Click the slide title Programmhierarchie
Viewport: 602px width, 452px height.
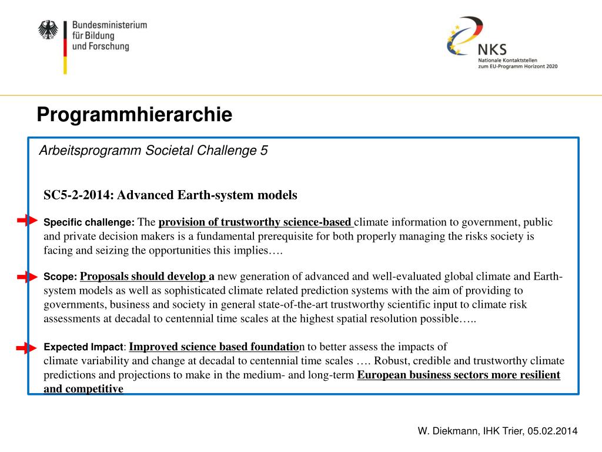click(x=134, y=114)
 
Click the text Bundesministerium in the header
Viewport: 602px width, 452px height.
click(x=109, y=25)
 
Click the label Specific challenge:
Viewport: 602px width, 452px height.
click(x=89, y=223)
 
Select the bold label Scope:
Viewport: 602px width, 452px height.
click(x=61, y=277)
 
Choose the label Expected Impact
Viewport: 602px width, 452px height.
click(x=84, y=347)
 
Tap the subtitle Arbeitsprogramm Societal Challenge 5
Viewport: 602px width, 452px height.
click(x=153, y=151)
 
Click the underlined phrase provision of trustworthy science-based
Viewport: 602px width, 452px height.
click(x=255, y=222)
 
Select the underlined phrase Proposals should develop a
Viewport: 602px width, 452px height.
click(x=147, y=277)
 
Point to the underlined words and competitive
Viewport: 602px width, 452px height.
click(x=83, y=389)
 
